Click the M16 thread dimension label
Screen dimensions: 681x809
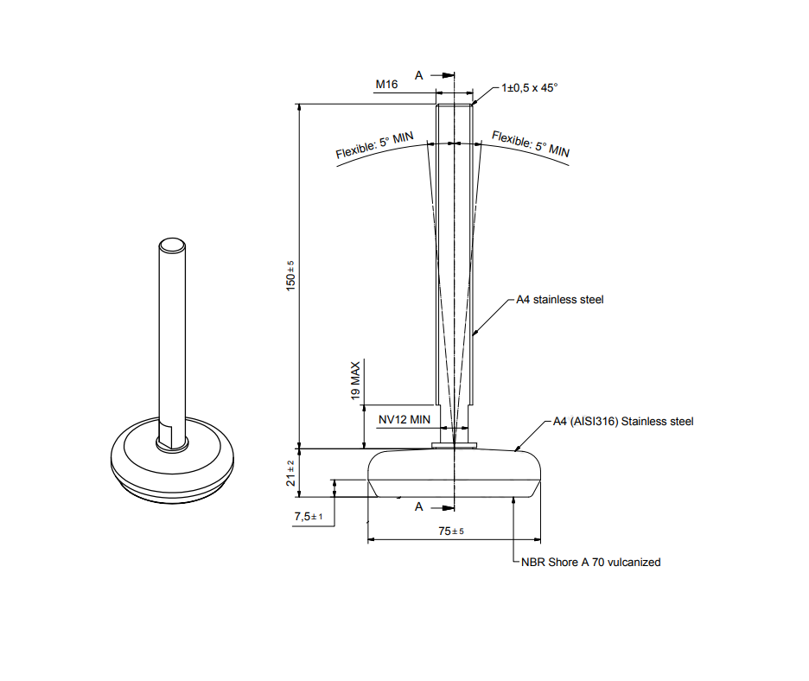click(x=385, y=84)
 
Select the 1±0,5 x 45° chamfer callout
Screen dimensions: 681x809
click(x=530, y=88)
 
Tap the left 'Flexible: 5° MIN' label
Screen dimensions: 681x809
click(x=374, y=145)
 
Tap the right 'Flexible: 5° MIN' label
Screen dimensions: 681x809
click(x=531, y=143)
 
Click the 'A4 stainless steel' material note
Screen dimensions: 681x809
click(x=559, y=300)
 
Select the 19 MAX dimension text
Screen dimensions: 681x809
click(x=355, y=380)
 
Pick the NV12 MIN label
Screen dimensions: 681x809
click(x=404, y=419)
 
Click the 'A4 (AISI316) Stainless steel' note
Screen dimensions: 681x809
click(x=622, y=422)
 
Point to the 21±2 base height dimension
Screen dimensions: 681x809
click(x=291, y=473)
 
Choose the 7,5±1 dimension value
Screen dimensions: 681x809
click(x=309, y=517)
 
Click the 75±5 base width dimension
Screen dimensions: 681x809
click(x=451, y=531)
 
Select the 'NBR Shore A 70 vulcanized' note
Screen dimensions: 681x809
click(x=590, y=563)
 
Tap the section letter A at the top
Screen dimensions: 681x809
click(x=419, y=75)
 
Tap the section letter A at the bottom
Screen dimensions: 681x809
click(x=419, y=506)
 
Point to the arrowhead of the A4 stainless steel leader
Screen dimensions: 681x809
click(x=475, y=332)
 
